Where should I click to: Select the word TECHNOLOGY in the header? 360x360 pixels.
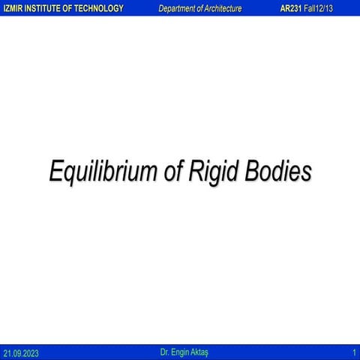click(98, 7)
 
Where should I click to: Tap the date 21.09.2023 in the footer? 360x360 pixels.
click(20, 352)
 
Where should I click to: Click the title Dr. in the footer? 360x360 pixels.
click(165, 351)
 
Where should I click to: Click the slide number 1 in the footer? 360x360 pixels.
click(353, 352)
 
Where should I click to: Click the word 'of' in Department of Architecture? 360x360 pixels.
click(201, 7)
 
